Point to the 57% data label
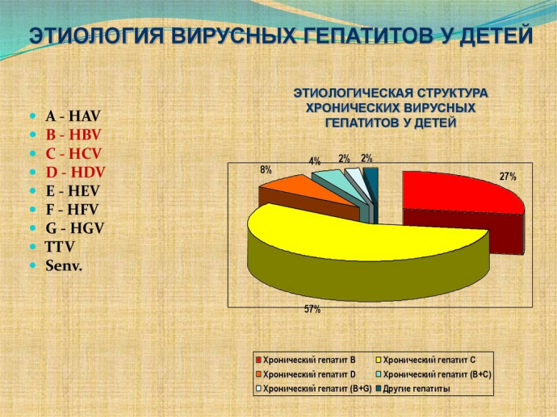pyautogui.click(x=312, y=310)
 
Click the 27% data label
pyautogui.click(x=508, y=177)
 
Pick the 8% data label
pyautogui.click(x=266, y=170)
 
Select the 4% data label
pyautogui.click(x=315, y=161)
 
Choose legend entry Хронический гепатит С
pyautogui.click(x=429, y=361)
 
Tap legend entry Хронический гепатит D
pyautogui.click(x=309, y=375)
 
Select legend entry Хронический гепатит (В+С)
pyautogui.click(x=437, y=375)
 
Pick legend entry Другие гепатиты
pyautogui.click(x=418, y=390)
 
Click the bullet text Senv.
pyautogui.click(x=65, y=265)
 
